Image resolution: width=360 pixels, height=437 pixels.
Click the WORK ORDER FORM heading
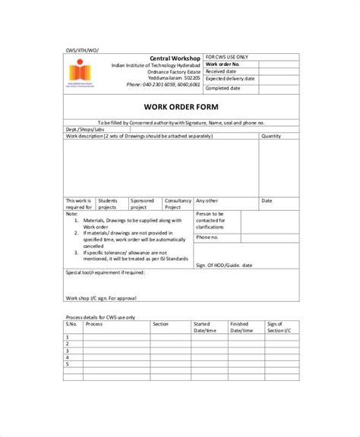[179, 106]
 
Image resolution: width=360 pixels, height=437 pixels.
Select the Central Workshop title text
[176, 58]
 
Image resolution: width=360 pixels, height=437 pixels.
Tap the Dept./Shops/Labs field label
[85, 129]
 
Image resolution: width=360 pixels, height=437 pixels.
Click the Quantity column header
[271, 136]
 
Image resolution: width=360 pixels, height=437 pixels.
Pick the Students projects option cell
[108, 203]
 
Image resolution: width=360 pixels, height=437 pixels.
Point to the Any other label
[206, 201]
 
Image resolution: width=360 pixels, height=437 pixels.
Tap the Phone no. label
[207, 237]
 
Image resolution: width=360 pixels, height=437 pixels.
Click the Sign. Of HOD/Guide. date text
[226, 266]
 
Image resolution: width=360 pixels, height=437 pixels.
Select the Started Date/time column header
[205, 327]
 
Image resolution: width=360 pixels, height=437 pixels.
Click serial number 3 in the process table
[68, 350]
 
